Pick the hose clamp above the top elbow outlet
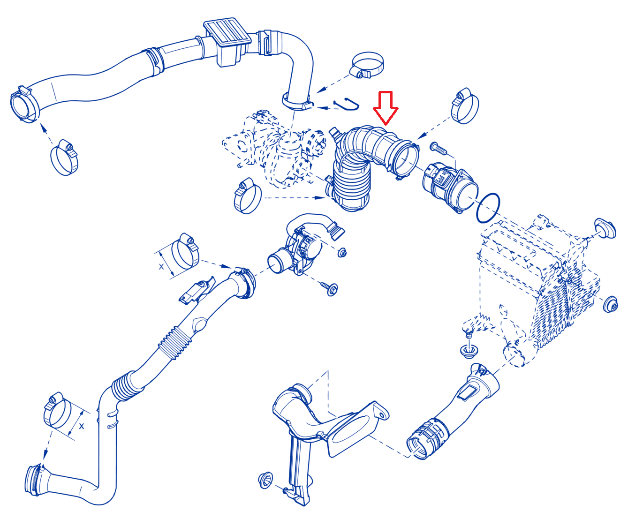(367, 65)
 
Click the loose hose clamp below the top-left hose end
(64, 157)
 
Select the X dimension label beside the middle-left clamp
(161, 267)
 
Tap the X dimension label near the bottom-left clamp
(82, 426)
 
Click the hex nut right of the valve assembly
(342, 252)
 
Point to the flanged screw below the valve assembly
(330, 288)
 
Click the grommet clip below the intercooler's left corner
(469, 351)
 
